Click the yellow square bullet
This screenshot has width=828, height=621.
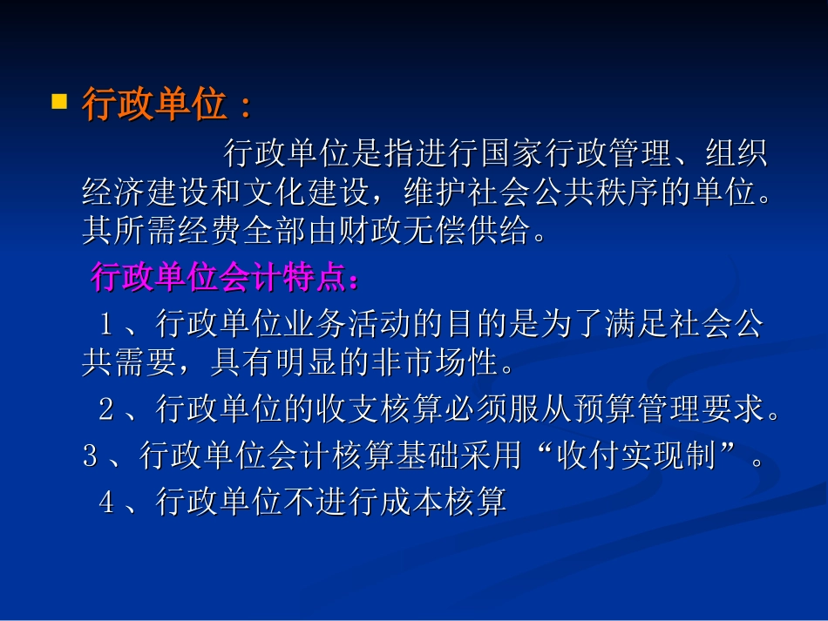point(59,102)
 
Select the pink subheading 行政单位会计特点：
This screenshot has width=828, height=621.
point(224,279)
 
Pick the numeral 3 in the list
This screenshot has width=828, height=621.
point(90,456)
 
